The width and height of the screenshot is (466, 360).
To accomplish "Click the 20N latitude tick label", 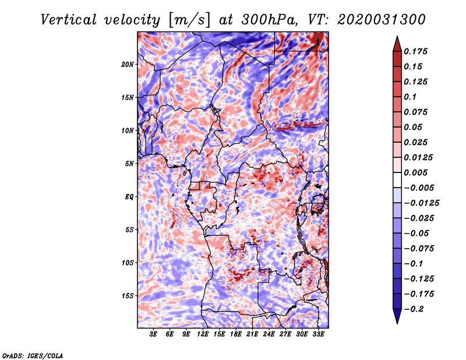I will [128, 64].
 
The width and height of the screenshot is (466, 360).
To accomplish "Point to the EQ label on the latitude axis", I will [129, 197].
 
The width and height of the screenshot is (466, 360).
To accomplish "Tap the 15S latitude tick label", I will [128, 296].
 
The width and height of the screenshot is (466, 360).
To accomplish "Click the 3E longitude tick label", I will [154, 334].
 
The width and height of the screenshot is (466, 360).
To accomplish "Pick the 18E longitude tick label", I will [236, 334].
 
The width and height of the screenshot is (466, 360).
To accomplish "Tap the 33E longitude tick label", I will [318, 334].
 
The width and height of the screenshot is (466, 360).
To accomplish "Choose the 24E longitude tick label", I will [269, 334].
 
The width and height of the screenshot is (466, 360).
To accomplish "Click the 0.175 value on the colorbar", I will [418, 51].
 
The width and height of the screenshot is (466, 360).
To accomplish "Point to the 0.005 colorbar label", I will [418, 173].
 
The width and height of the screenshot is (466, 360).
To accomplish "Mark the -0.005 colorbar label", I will [420, 188].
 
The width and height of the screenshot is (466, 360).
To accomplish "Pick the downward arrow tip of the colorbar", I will [396, 322].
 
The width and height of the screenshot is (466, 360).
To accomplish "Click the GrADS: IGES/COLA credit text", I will [33, 355].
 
